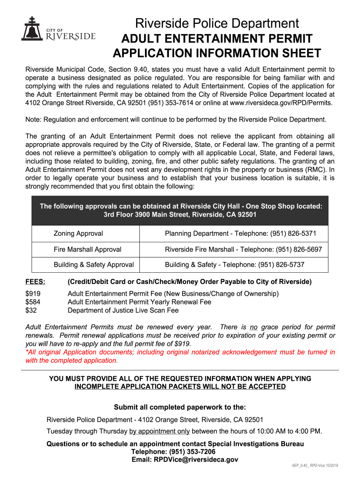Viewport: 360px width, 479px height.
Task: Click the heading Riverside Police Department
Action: click(216, 23)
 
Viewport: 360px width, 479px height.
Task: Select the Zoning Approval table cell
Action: click(78, 233)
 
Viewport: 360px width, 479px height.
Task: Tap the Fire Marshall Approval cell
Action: click(87, 249)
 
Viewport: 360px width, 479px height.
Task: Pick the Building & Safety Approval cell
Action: click(94, 265)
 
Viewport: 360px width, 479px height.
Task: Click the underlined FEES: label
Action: click(35, 282)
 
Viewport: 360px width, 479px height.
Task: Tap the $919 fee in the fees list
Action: click(33, 294)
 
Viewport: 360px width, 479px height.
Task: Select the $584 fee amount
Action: click(33, 302)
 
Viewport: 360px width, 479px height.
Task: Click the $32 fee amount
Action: click(31, 310)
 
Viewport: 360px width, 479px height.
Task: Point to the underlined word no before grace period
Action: click(253, 327)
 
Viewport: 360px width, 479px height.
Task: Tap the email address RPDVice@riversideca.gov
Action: click(185, 460)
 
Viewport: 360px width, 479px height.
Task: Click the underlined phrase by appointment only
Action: click(159, 431)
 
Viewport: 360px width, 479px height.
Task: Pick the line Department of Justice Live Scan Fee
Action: click(123, 310)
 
